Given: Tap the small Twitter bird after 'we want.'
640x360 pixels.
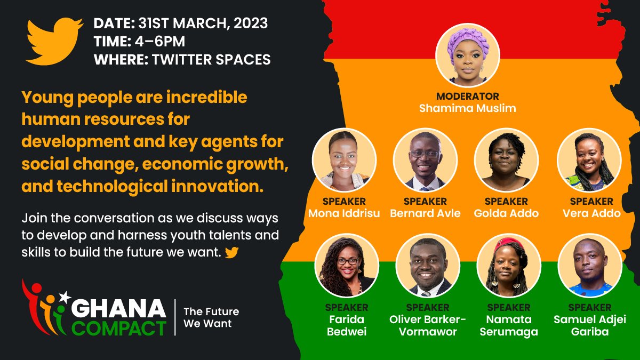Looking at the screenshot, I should coord(231,252).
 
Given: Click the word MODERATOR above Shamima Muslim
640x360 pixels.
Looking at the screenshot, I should coord(468,97).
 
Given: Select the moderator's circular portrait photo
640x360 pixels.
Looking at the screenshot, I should coord(468,55).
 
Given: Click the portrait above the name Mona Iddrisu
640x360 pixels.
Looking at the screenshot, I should coord(344,159).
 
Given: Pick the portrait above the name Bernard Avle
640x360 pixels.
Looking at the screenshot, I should coord(425,159).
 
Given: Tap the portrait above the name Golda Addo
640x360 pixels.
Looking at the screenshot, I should coord(506,159).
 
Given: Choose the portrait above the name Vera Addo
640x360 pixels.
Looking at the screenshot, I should coord(589,159).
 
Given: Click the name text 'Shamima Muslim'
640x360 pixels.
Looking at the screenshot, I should coord(468,108).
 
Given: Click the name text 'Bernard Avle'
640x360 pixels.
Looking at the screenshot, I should coord(425,213).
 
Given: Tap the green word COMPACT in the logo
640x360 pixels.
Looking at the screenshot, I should coord(119,326).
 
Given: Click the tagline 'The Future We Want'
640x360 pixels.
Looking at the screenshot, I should coord(211,317).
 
